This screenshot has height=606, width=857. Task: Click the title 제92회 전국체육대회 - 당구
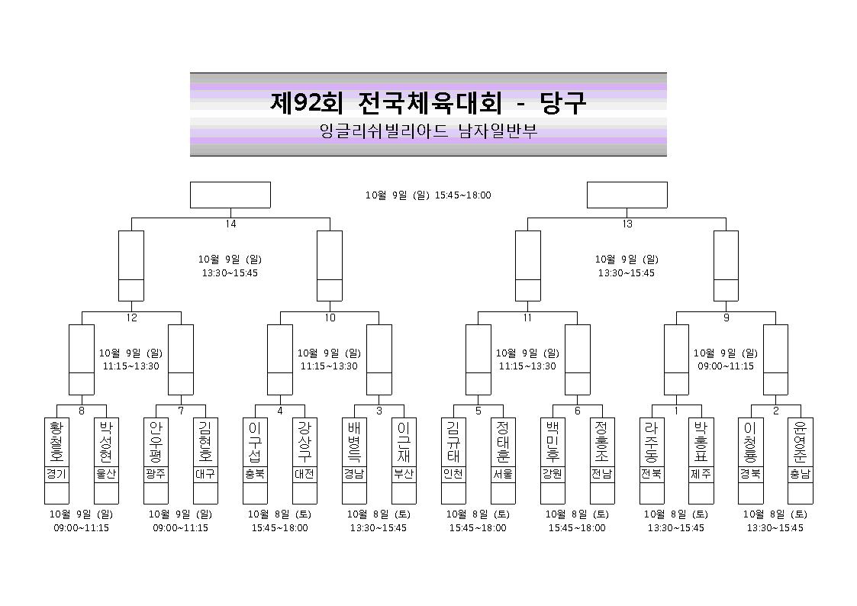point(428,102)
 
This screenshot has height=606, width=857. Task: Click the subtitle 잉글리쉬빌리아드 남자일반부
point(428,131)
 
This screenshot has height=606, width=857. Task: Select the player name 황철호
point(56,441)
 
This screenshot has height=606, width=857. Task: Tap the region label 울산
point(107,474)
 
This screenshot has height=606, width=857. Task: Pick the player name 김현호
point(205,441)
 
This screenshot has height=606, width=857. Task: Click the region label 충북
point(255,474)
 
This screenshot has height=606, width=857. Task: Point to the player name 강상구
point(305,441)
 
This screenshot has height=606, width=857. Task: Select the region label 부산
point(404,474)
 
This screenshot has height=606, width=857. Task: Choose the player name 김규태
point(453,441)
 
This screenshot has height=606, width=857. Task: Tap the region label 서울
point(504,474)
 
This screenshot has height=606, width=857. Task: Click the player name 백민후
point(553,441)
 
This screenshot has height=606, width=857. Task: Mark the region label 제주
point(701,474)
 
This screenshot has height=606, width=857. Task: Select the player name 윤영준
point(801,441)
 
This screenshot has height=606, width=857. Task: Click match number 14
point(230,224)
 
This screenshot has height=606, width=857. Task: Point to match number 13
point(627,224)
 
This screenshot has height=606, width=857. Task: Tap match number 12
point(132,318)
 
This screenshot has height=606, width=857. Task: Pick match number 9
point(727,318)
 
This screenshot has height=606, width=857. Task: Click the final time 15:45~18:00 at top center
point(463,195)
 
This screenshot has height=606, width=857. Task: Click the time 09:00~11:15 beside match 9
point(726,366)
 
